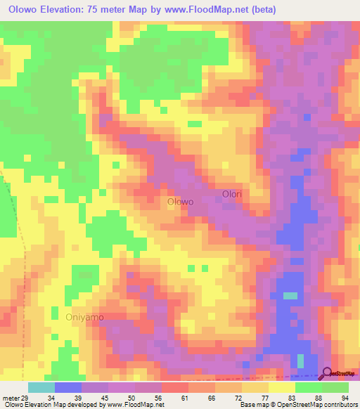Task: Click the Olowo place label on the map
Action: coord(180,202)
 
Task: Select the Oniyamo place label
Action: coord(84,317)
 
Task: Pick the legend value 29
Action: coord(25,398)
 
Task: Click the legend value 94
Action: coord(345,398)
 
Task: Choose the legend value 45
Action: coord(103,398)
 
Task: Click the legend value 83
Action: coord(291,398)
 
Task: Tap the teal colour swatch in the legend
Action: coord(41,387)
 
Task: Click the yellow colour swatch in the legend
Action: coord(281,387)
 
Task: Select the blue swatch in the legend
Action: coord(67,387)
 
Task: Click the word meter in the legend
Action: coord(11,398)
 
